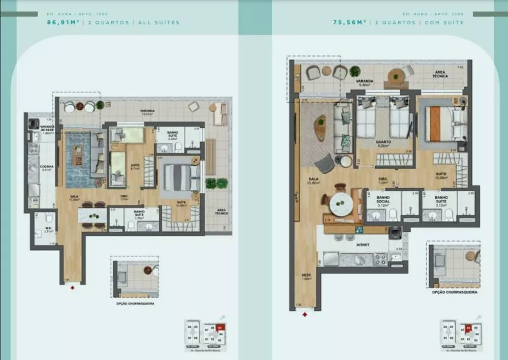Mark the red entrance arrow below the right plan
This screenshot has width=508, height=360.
[x=304, y=314]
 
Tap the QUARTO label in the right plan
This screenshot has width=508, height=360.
[x=383, y=142]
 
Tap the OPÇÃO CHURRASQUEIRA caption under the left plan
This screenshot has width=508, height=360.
[x=135, y=304]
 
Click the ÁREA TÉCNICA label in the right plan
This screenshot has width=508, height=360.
[x=440, y=74]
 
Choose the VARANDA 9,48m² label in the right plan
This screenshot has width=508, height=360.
[x=365, y=82]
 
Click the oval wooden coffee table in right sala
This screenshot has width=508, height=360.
[x=320, y=128]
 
